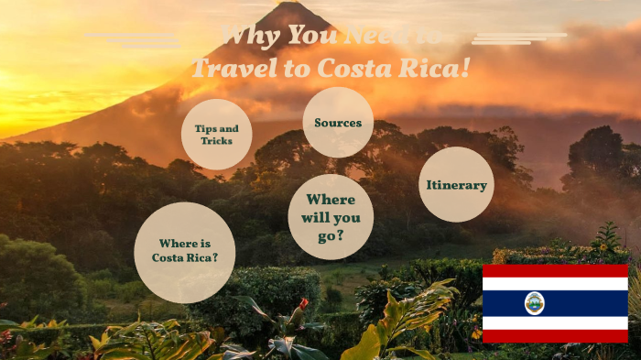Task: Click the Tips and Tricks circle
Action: pos(216,135)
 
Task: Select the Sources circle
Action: pos(338,123)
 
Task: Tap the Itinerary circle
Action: pos(456,184)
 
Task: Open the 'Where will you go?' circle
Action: pos(331,217)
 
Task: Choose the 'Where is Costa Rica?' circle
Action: pos(185,252)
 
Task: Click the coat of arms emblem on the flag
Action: pos(534,303)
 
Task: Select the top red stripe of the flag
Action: pos(555,270)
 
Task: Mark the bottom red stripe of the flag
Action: pos(555,336)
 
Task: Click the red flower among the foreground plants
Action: pos(303,303)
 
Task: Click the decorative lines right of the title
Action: pos(513,38)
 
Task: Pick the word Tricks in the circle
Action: pos(217,141)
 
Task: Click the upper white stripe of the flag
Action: pos(555,284)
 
